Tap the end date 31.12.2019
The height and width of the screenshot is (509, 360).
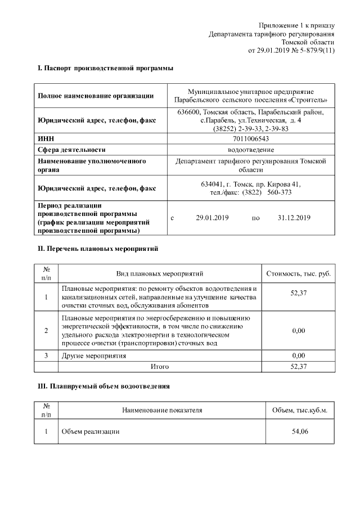click(x=294, y=218)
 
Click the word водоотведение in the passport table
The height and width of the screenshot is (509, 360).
click(x=250, y=150)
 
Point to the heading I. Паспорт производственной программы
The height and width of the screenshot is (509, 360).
click(x=105, y=68)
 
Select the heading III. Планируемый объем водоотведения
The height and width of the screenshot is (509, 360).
click(x=103, y=387)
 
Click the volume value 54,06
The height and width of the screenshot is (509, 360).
click(x=299, y=431)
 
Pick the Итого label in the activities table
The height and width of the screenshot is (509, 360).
click(x=159, y=366)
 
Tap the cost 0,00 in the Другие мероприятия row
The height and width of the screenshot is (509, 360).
click(x=299, y=355)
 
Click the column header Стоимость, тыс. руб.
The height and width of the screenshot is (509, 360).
click(x=299, y=273)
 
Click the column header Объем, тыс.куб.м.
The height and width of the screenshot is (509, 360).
click(x=299, y=411)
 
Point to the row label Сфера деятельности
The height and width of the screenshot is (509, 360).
click(x=71, y=150)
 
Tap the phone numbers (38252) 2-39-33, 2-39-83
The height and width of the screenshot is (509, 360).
click(x=250, y=129)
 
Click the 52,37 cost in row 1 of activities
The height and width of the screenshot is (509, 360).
click(x=299, y=296)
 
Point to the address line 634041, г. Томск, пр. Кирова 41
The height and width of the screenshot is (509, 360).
click(x=250, y=184)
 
